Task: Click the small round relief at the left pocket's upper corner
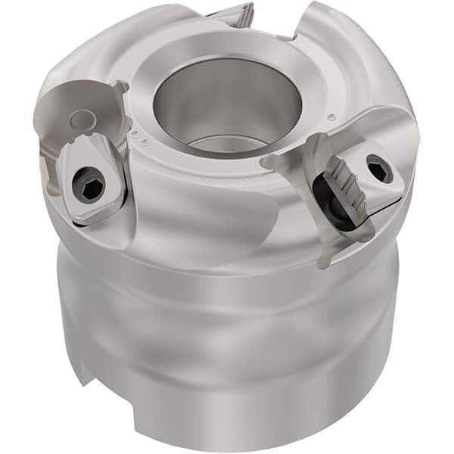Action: pos(120,89)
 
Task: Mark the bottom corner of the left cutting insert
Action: pos(85,219)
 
